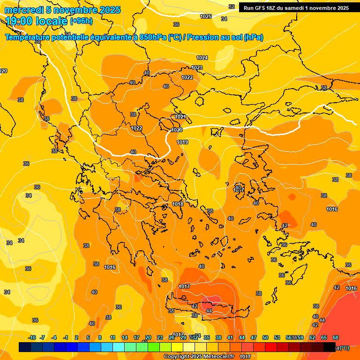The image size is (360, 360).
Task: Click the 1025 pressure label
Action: coord(206,16)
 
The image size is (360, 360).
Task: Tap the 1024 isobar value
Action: coord(202,58)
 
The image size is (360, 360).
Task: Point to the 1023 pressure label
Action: coord(197,68)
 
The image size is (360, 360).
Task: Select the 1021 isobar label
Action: coord(180,117)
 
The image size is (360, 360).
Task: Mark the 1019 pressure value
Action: coord(182,142)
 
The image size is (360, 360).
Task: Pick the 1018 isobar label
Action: coord(178,204)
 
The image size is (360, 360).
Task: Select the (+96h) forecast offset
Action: coord(81,21)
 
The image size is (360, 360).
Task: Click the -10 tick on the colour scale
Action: coord(32,337)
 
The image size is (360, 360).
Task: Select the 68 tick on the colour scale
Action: coord(336,337)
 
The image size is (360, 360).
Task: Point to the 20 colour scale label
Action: coord(148,337)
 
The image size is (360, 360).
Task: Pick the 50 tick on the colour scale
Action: coord(265,337)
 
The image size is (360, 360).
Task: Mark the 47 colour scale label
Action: coord(254,337)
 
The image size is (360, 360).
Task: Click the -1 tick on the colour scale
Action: coord(66,337)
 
